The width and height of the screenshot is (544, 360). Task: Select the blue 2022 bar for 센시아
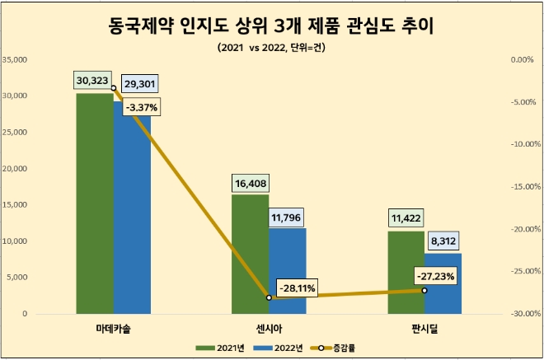[x=287, y=271]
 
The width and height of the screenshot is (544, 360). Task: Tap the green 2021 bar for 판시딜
[x=406, y=273]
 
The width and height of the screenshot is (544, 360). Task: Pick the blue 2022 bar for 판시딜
[x=443, y=283]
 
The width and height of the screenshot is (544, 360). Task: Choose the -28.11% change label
[x=298, y=288]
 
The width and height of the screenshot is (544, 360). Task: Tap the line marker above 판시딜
[x=424, y=290]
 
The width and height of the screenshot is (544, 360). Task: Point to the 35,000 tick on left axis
[x=16, y=60]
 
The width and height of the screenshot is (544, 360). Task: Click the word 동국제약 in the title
[x=142, y=27]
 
